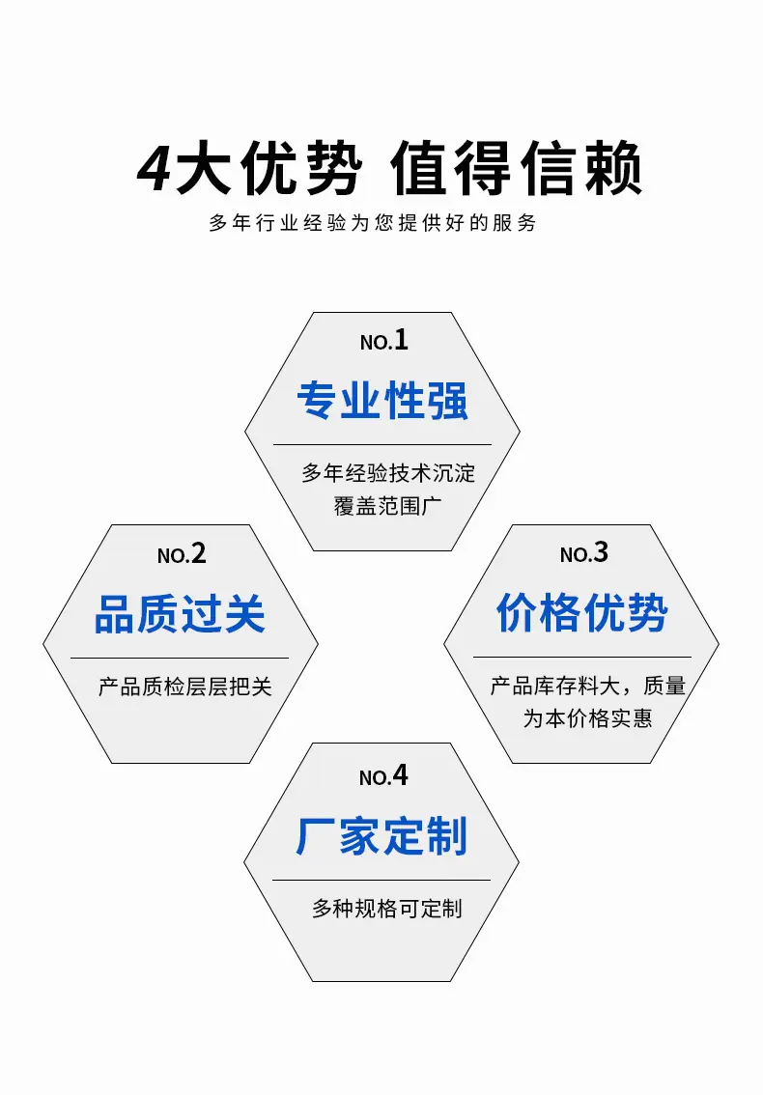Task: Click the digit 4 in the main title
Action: pos(154,168)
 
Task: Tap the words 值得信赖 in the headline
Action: pos(517,168)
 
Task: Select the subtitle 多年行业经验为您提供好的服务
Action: pos(373,223)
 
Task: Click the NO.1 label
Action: pos(383,340)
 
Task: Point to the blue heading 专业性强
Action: pos(382,401)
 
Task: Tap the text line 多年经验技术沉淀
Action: pos(388,473)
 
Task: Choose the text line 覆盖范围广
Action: pos(388,506)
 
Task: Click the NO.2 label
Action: pos(182,554)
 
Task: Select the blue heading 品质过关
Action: pos(180,614)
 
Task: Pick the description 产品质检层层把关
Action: pos(185,687)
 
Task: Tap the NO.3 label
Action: pos(584,553)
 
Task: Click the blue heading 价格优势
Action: pos(582,613)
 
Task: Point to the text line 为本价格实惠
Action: pos(587,717)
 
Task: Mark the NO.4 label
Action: pos(383,775)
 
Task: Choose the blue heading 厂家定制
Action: pos(381,836)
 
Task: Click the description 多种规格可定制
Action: pos(387,909)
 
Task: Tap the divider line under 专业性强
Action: pos(382,444)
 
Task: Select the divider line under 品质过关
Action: pos(180,658)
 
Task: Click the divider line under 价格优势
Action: pos(582,658)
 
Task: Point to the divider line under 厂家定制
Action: pos(381,880)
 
